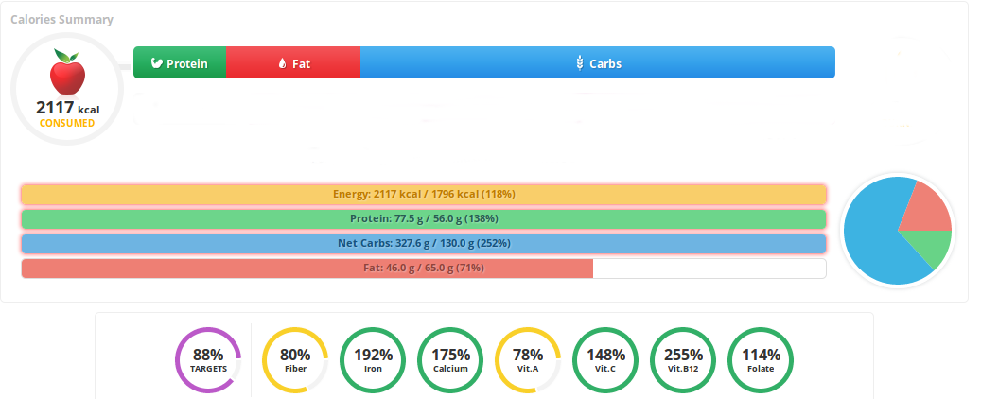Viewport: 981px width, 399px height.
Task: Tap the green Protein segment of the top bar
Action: point(180,63)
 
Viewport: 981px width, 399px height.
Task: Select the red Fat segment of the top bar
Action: point(293,63)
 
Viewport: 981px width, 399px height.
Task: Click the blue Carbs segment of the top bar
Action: point(598,63)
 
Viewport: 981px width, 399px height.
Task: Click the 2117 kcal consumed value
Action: point(66,109)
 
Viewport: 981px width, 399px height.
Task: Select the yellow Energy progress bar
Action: point(424,195)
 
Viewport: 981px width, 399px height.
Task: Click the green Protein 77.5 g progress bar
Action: point(424,219)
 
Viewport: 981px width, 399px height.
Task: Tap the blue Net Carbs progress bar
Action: point(424,244)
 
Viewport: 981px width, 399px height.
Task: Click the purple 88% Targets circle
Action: point(208,360)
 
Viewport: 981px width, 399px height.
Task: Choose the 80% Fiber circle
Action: point(295,360)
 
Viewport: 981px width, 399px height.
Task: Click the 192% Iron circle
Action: point(373,360)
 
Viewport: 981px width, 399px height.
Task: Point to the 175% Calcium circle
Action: point(450,360)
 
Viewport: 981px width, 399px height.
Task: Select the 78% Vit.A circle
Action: point(528,360)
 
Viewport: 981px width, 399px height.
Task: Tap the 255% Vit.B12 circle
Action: point(683,360)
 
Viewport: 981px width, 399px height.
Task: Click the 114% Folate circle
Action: point(761,360)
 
